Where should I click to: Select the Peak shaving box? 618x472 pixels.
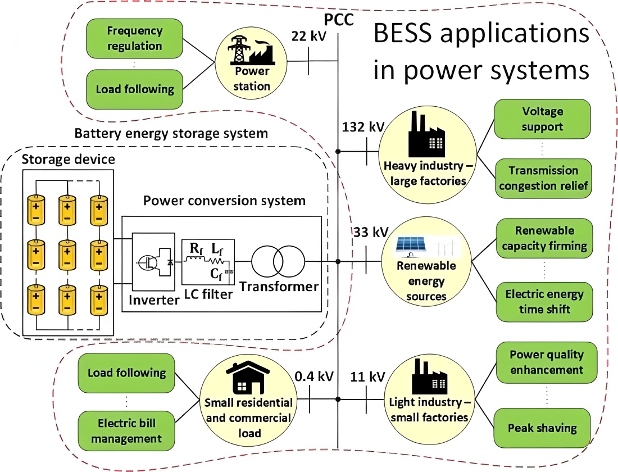542,428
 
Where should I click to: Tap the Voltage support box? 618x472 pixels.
542,119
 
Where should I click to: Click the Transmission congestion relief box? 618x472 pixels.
543,178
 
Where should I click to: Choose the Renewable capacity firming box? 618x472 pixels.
544,238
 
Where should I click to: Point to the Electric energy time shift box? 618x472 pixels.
544,301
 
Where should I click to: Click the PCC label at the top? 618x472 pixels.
338,20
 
